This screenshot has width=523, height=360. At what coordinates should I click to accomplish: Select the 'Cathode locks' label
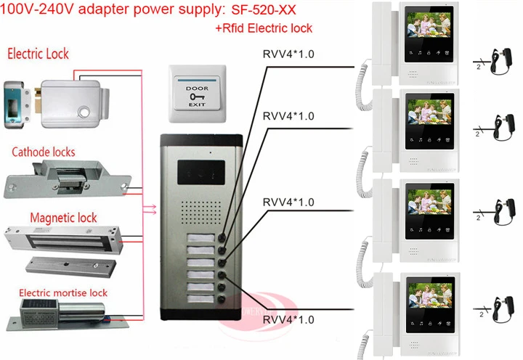[43, 153]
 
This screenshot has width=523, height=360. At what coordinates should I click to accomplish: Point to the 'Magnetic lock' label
[63, 217]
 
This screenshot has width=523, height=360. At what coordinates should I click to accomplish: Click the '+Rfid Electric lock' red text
[264, 28]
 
